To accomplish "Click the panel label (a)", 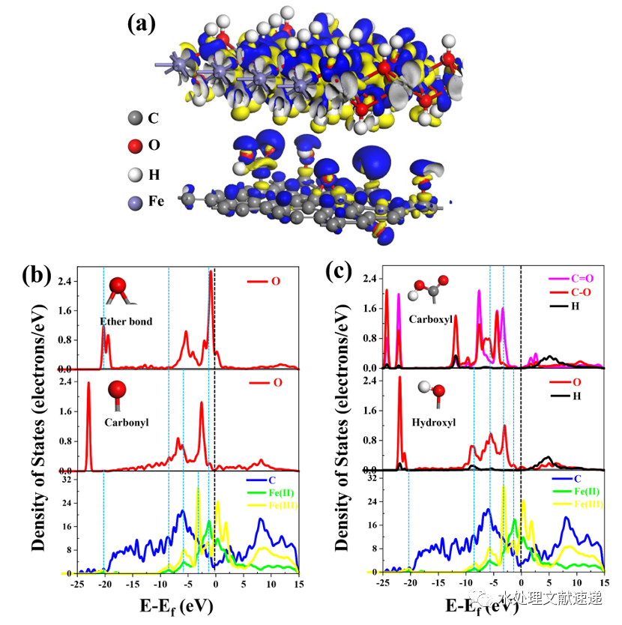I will [142, 24].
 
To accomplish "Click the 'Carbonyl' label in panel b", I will [127, 422].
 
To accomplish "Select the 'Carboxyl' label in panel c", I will [429, 318].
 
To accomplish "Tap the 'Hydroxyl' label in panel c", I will [430, 422].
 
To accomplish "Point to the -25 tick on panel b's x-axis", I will [76, 582].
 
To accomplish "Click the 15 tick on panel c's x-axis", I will [604, 582].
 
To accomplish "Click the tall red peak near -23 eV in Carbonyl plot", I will [88, 384].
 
